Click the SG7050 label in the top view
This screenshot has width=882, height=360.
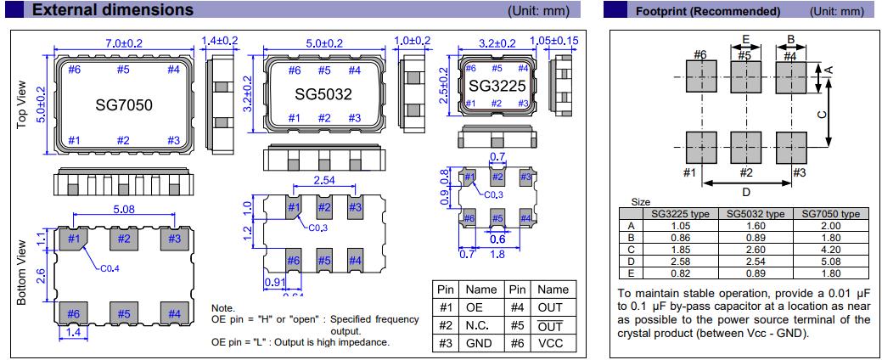[123, 105]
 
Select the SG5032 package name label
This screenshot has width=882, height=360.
[323, 94]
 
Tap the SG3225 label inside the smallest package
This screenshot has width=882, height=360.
[497, 87]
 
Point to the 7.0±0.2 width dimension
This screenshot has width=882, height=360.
[125, 43]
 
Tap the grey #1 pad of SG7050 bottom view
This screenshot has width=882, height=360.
[73, 239]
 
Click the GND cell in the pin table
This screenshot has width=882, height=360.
[480, 344]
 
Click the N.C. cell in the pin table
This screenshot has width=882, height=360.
[480, 325]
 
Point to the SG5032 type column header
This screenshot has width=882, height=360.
[755, 214]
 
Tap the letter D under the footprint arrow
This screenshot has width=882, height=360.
[746, 192]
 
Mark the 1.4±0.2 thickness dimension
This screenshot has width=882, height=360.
[220, 41]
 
